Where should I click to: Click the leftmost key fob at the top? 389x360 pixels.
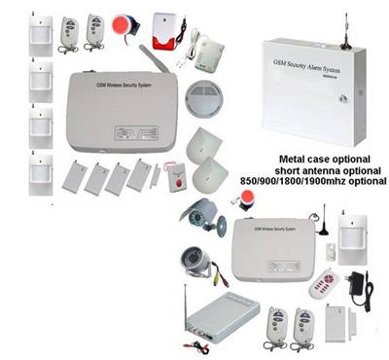coord(69,31)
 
